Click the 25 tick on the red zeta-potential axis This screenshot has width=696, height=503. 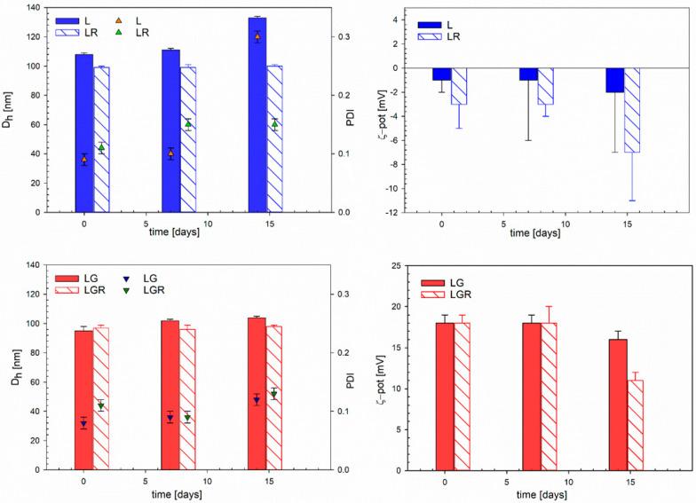(403, 265)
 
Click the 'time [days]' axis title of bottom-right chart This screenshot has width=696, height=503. (549, 494)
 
